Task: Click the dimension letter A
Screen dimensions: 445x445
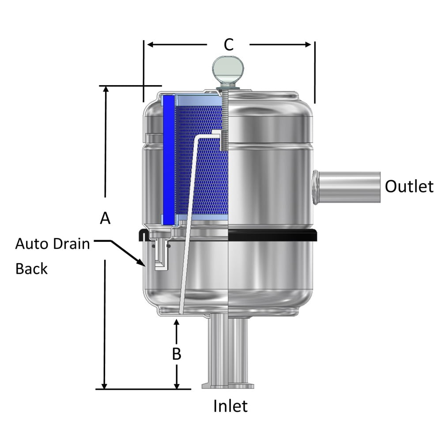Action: pos(105,218)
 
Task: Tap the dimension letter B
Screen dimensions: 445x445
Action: pos(176,354)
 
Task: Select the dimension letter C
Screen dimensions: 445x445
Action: pos(228,45)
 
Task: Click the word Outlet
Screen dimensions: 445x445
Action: pos(409,186)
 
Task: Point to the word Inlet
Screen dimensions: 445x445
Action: pos(230,406)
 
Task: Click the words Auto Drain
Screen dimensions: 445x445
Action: pos(53,244)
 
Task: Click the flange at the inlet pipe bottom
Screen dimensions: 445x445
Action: pos(228,386)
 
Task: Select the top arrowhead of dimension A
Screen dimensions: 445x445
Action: pos(105,90)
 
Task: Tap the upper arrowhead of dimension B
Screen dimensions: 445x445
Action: pos(177,322)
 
